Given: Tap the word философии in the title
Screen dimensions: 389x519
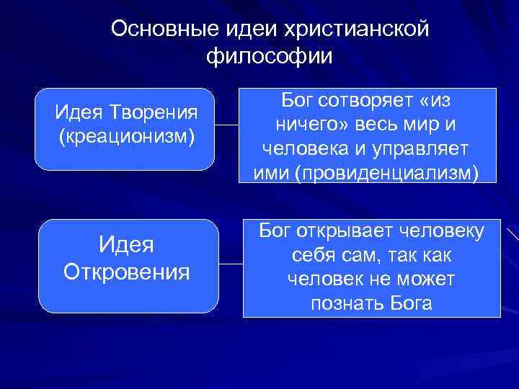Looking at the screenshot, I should [x=269, y=55].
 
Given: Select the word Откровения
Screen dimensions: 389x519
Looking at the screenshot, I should [x=127, y=272].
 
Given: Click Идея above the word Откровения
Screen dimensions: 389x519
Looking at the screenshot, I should [x=127, y=245].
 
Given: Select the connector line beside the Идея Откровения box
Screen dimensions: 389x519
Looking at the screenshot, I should [x=231, y=264].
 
